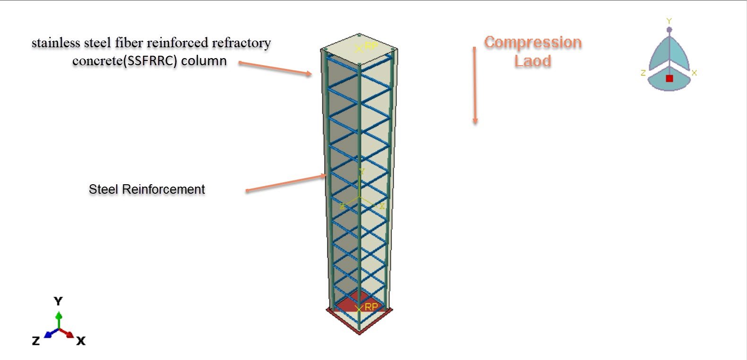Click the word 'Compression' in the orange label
point(532,43)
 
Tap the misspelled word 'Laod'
point(532,61)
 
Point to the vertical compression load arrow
point(475,85)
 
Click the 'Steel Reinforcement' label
point(146,189)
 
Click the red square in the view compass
point(669,78)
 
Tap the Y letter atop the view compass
point(669,21)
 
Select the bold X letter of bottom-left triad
point(81,341)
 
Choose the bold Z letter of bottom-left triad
point(36,341)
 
